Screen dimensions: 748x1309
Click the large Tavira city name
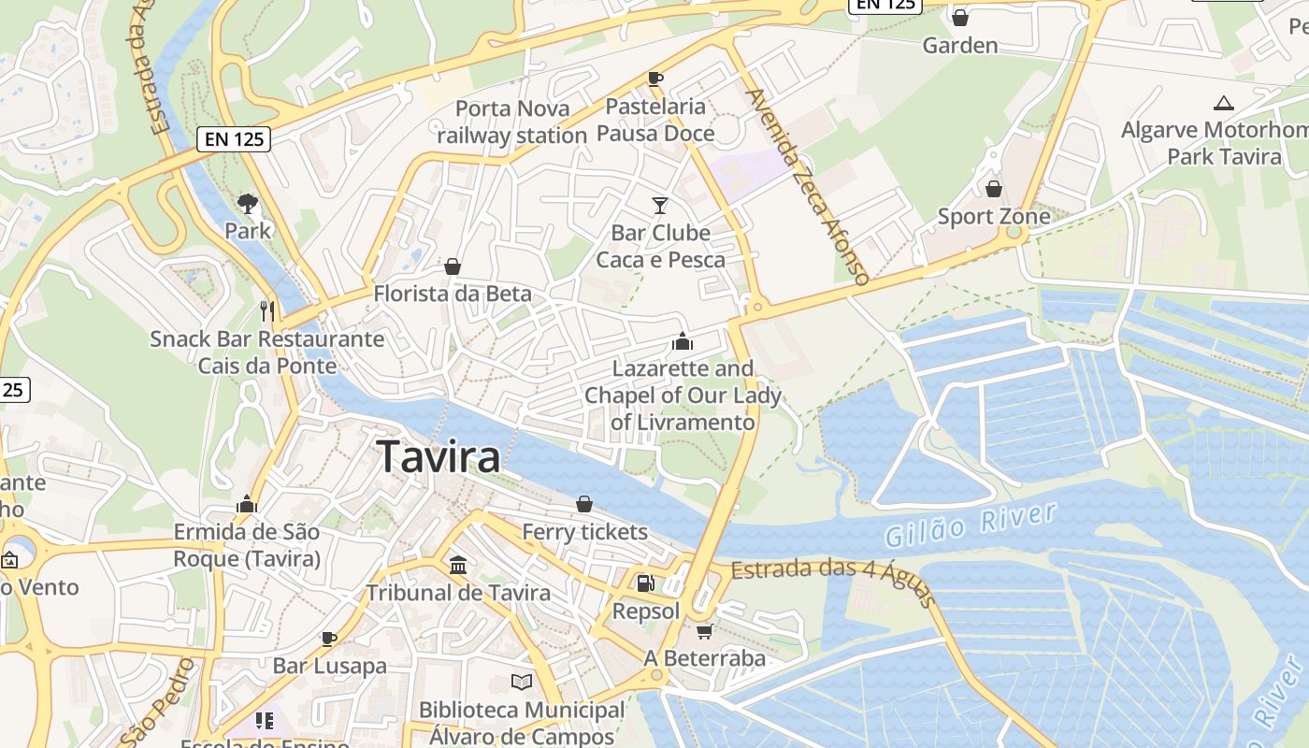coord(439,457)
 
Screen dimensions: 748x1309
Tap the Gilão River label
coord(970,525)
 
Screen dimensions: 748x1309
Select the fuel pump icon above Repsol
coord(645,583)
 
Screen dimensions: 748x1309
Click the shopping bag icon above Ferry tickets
coord(584,505)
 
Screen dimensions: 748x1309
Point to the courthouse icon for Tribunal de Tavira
coord(458,565)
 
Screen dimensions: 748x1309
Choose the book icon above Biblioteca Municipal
coord(521,683)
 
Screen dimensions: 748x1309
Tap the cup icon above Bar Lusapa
coord(329,639)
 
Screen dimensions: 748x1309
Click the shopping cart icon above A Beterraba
coord(704,631)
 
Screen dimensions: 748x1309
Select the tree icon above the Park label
coord(248,202)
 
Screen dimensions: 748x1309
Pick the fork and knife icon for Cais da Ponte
coord(267,309)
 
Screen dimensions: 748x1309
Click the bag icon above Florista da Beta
coord(453,266)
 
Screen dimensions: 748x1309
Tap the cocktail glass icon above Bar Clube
coord(660,205)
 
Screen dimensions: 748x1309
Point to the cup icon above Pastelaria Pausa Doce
coord(654,79)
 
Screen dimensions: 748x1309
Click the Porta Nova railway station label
coord(511,122)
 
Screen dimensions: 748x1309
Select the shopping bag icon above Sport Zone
coord(994,189)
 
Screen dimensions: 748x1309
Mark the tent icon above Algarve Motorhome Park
coord(1223,103)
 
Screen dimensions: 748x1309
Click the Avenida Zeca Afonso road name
coord(808,186)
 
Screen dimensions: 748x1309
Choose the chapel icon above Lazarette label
coord(683,341)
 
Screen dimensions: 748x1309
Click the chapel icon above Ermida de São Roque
coord(247,505)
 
